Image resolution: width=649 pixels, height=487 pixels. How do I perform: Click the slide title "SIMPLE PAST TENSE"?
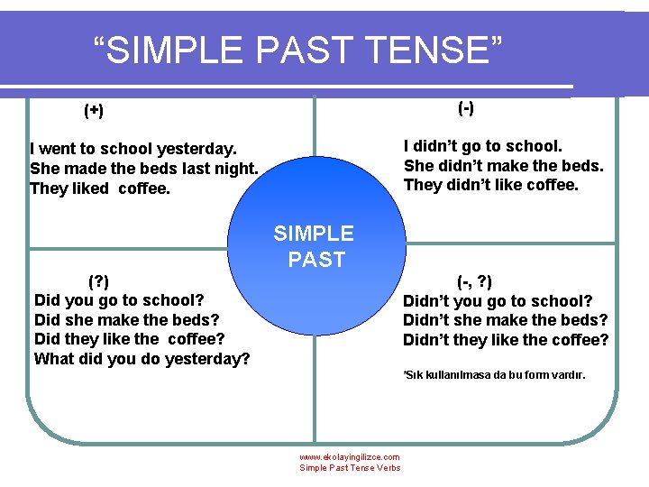point(298,51)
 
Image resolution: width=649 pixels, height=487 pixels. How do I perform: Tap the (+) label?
point(94,111)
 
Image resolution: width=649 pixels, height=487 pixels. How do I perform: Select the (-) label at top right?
point(466,108)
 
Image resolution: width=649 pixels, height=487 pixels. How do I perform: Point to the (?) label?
point(105,280)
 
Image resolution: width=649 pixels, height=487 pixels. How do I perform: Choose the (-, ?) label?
point(474,280)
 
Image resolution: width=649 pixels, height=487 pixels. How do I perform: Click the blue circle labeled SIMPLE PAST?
point(314,247)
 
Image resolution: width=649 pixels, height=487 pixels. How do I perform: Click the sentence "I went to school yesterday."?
point(133,149)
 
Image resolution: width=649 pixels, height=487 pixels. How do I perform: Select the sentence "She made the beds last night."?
point(144,169)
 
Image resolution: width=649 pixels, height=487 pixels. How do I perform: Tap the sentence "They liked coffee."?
point(100,188)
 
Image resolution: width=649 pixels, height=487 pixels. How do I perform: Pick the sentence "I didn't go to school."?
point(483,145)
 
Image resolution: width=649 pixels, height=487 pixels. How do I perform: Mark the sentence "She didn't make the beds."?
point(503,165)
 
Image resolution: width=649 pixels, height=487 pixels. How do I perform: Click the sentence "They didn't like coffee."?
point(491,185)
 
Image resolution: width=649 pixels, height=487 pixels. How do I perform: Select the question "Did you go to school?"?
point(119,299)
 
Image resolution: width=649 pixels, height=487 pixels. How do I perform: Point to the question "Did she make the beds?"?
point(126,319)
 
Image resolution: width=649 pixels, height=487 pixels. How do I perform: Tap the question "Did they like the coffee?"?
point(129,339)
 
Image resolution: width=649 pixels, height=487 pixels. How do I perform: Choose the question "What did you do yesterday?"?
point(142,359)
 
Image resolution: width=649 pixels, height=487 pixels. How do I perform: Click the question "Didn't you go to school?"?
point(498,300)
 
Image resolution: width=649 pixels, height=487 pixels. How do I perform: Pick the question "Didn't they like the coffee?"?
point(506,340)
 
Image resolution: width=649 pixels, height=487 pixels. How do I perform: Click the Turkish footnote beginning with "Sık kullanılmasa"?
point(494,374)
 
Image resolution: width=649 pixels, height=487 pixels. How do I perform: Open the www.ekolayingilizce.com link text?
point(350,457)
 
